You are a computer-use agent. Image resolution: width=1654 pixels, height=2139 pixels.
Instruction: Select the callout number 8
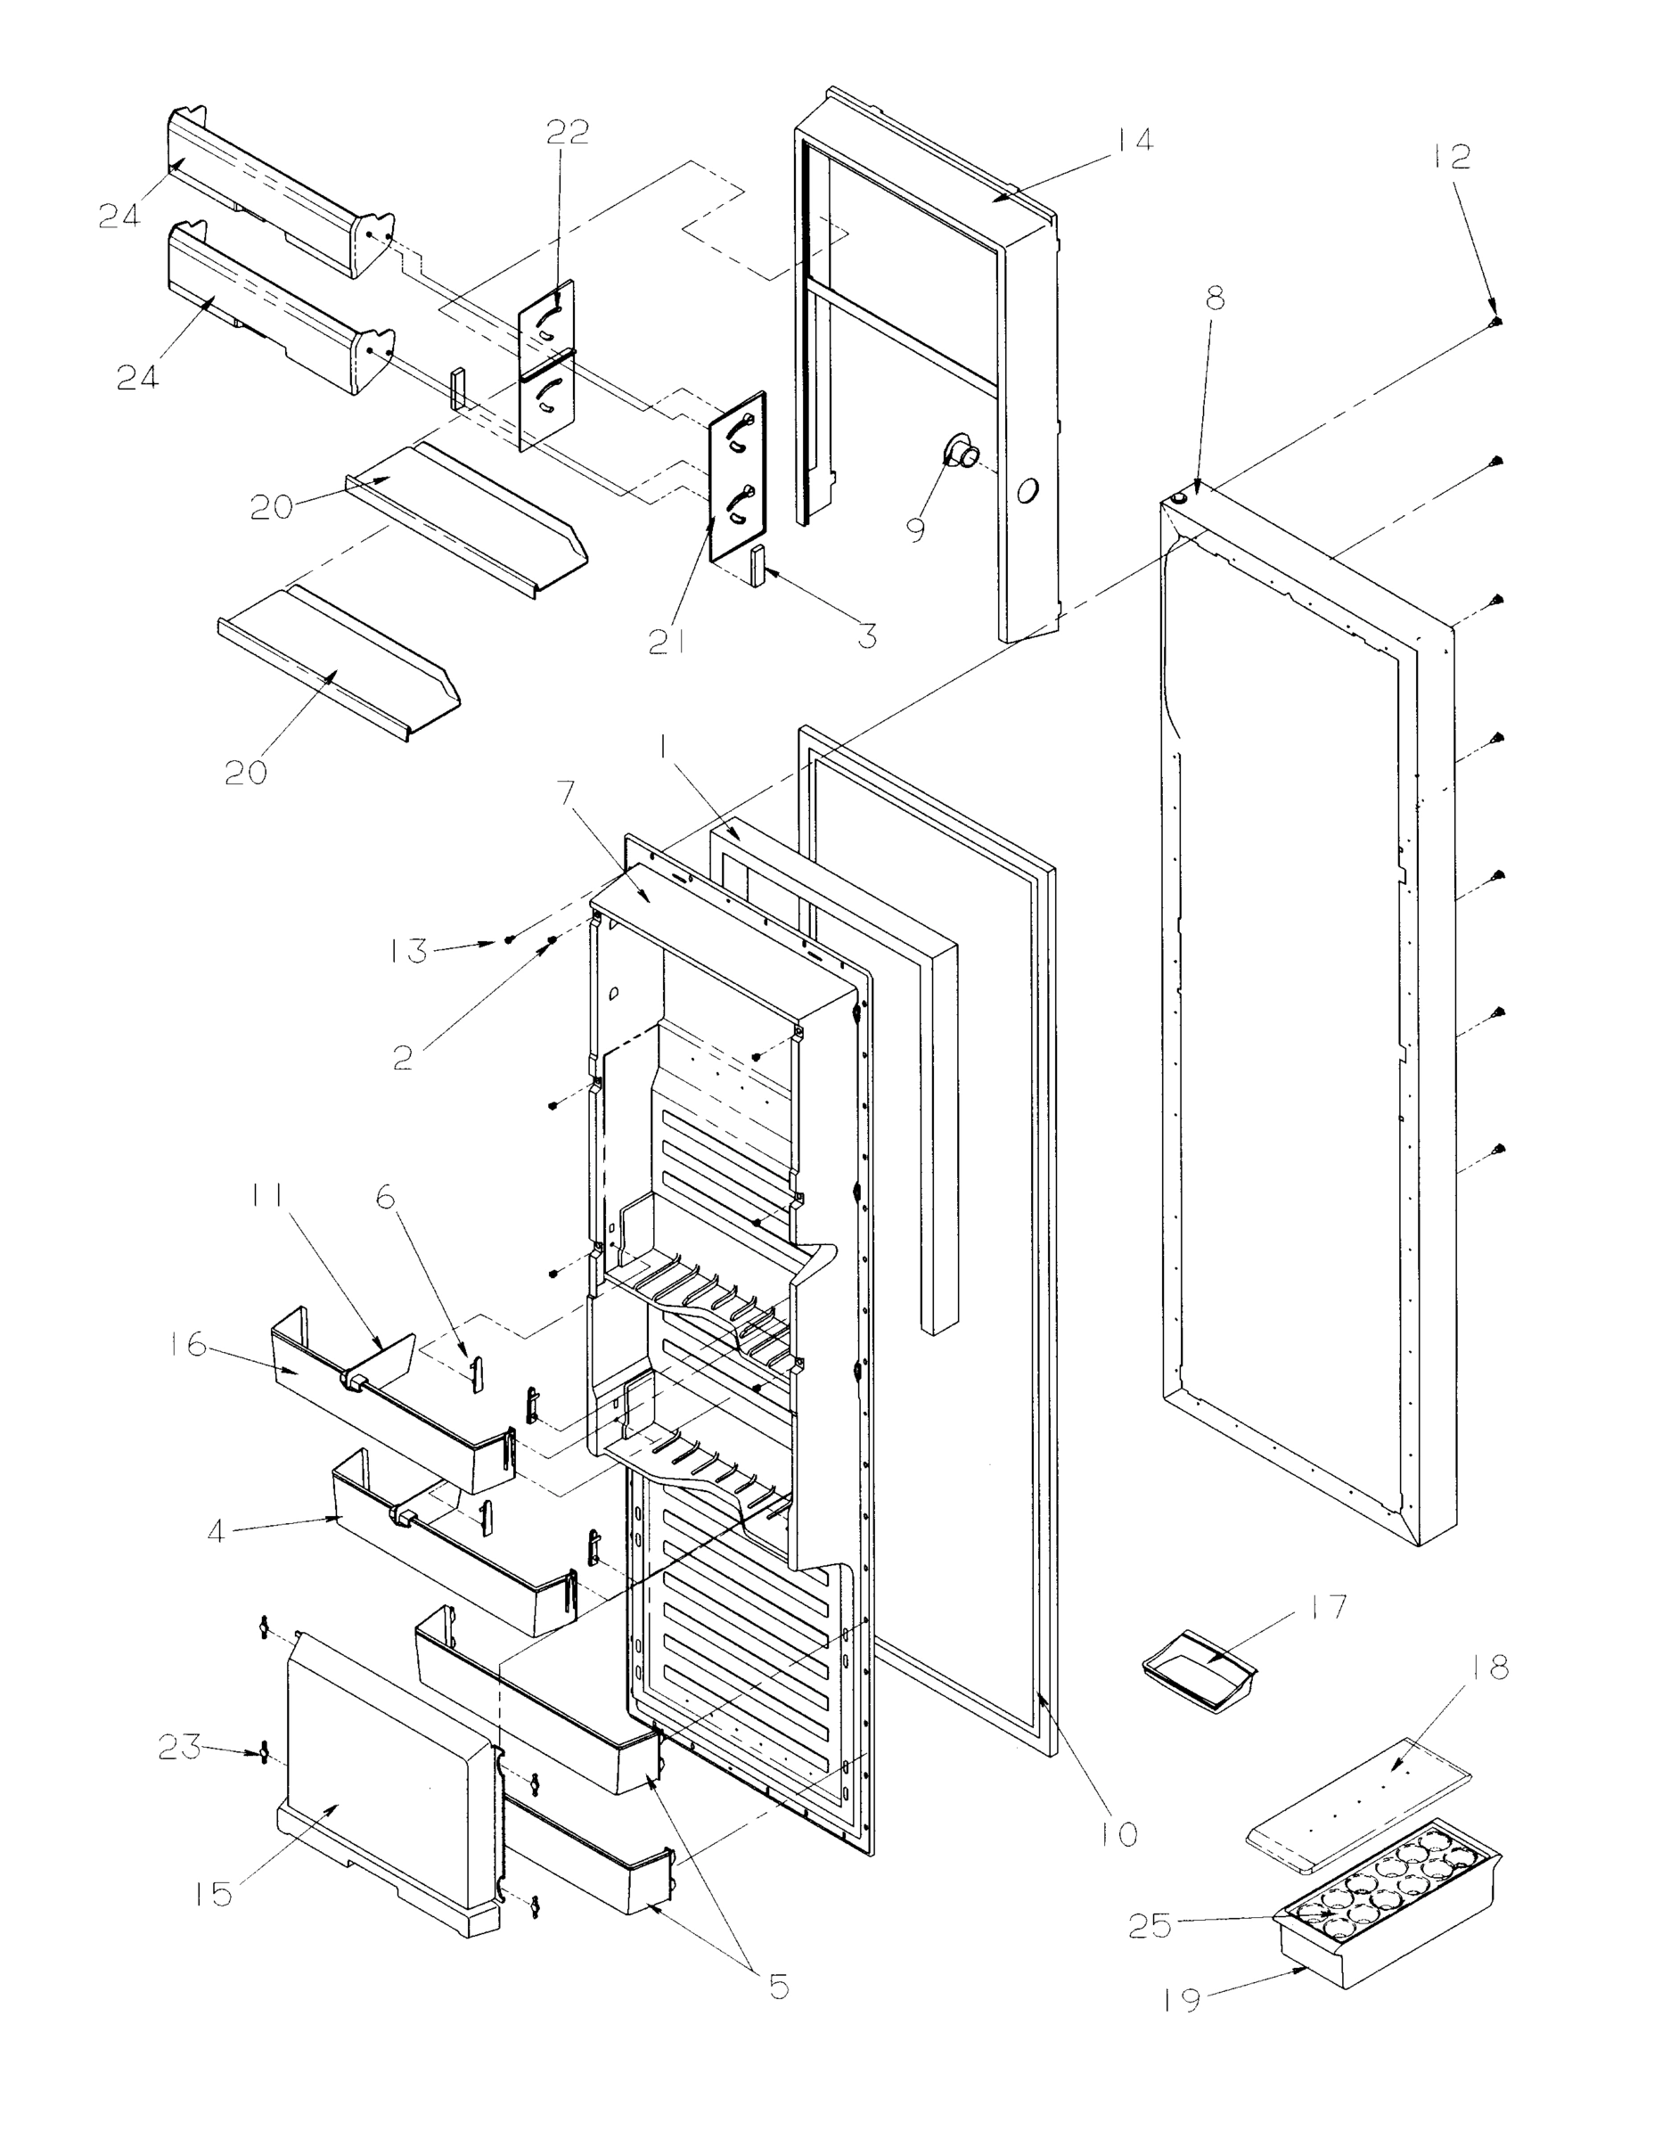pos(1215,298)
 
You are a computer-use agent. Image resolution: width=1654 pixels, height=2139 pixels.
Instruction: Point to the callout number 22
pos(567,131)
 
